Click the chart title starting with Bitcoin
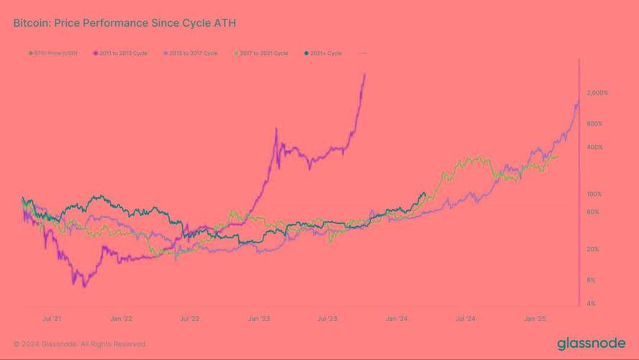click(124, 23)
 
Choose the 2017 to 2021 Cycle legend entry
click(263, 53)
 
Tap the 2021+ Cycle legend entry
click(325, 53)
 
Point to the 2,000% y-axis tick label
click(597, 93)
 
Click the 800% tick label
click(594, 124)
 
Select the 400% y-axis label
click(594, 147)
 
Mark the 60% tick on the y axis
click(592, 212)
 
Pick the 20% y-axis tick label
click(592, 249)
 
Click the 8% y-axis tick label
click(591, 280)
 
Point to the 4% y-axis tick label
click(591, 304)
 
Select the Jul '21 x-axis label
click(52, 318)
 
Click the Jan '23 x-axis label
click(259, 318)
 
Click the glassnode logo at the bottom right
click(592, 343)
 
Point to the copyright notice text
click(80, 344)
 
